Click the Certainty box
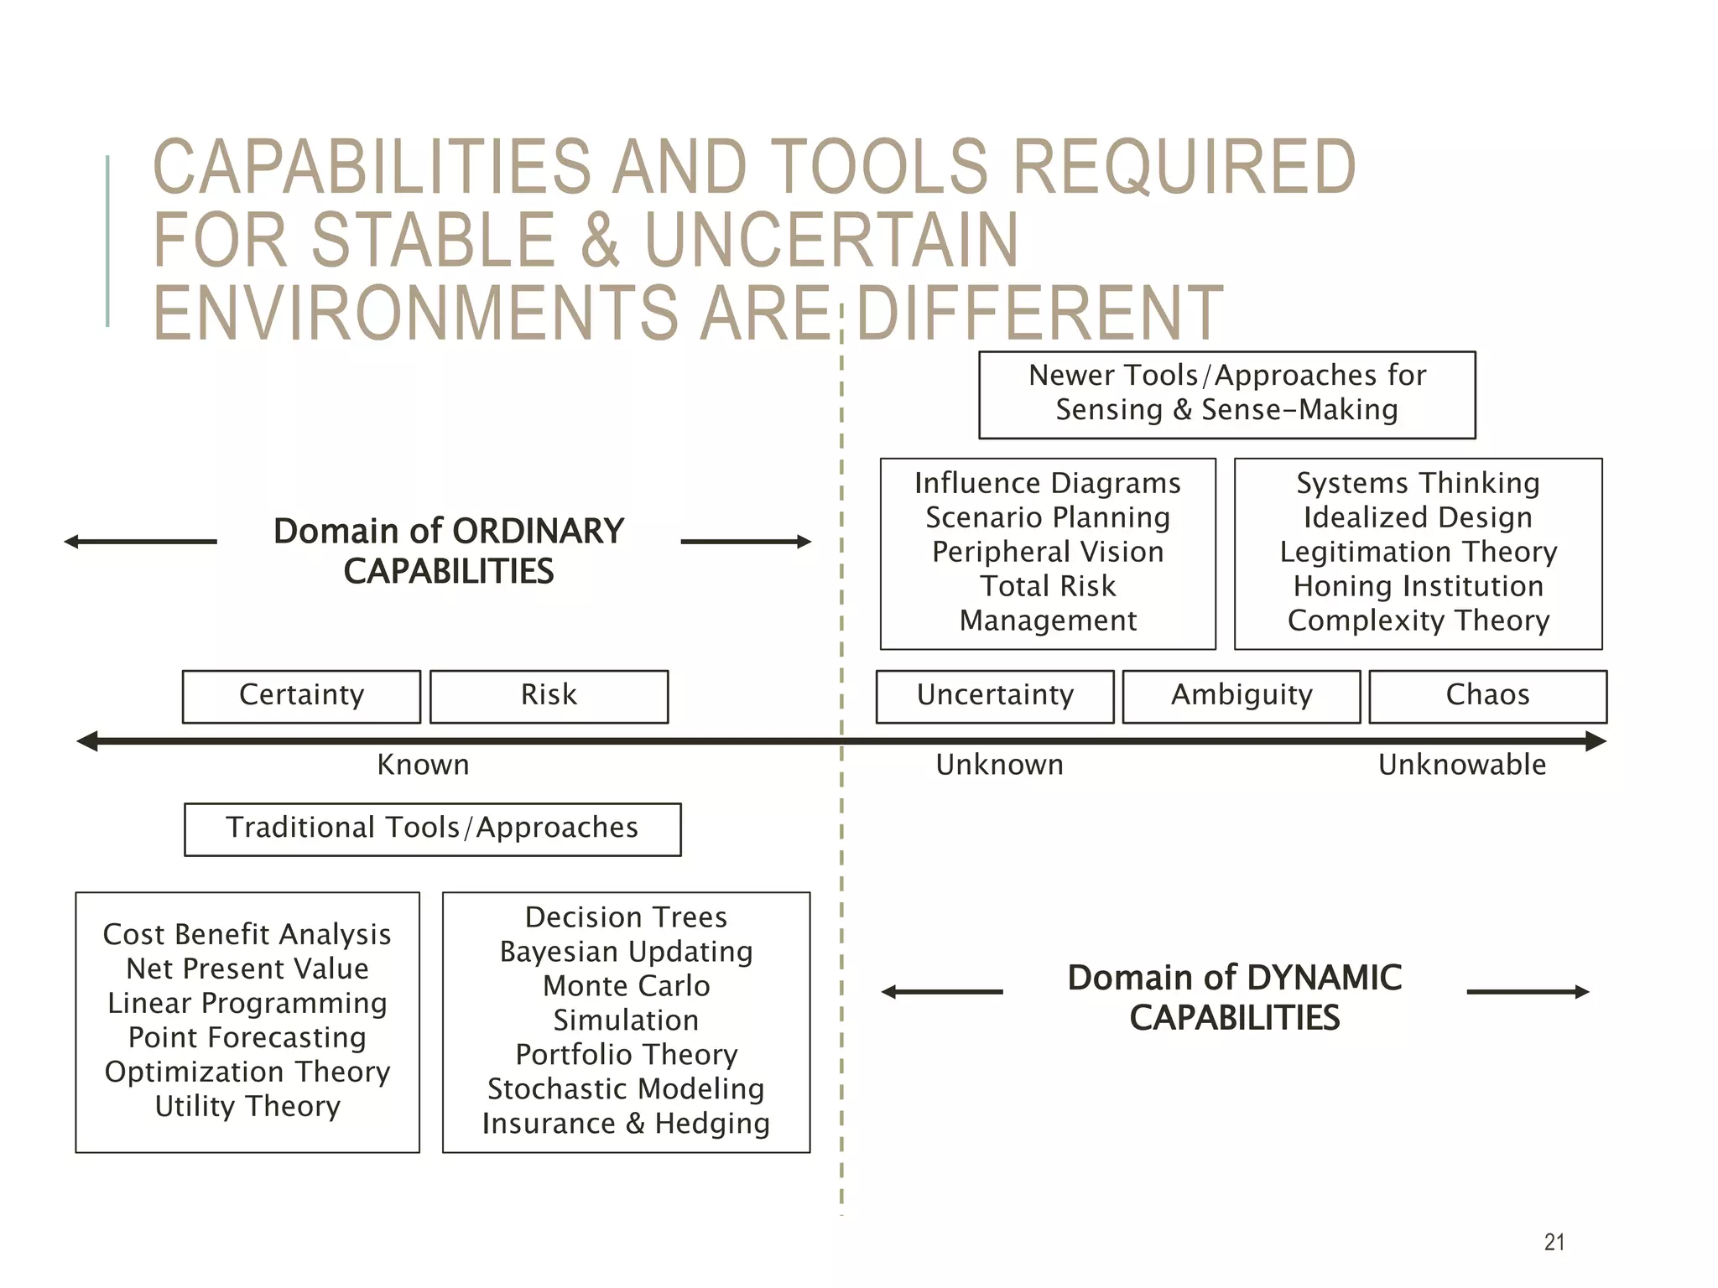[301, 696]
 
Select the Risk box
[549, 696]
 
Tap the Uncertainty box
[995, 696]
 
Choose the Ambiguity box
[1242, 696]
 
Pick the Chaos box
[1487, 696]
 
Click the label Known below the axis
[423, 765]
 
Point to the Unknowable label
[1461, 765]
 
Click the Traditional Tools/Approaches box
[432, 828]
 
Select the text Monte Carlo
[626, 986]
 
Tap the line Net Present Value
[247, 969]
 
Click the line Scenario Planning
[1048, 517]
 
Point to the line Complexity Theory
[1418, 621]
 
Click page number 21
[1554, 1242]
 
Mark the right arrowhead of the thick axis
[1596, 741]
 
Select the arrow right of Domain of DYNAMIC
[1528, 992]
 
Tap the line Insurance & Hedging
[626, 1124]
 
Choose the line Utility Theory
[247, 1107]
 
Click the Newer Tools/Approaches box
[1226, 394]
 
